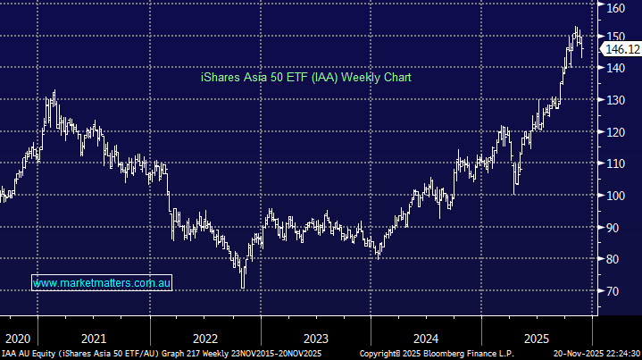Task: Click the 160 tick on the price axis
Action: pos(616,8)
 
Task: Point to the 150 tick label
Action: pos(616,36)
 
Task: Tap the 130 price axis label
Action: pos(616,100)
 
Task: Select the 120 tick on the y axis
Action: pos(616,132)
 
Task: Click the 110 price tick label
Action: pos(616,163)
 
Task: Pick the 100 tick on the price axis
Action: pos(616,196)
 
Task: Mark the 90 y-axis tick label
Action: pos(616,228)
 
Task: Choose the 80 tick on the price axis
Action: pos(616,259)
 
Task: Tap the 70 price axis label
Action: pos(616,291)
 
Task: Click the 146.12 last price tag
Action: pos(621,51)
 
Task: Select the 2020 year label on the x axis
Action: pos(17,339)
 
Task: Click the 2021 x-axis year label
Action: pos(93,339)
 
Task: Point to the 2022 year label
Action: pos(204,339)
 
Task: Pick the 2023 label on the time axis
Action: pos(315,339)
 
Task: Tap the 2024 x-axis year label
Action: pos(426,339)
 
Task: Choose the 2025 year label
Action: pos(537,339)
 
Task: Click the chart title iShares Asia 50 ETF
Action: pos(304,79)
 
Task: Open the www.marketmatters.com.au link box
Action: pos(102,283)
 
